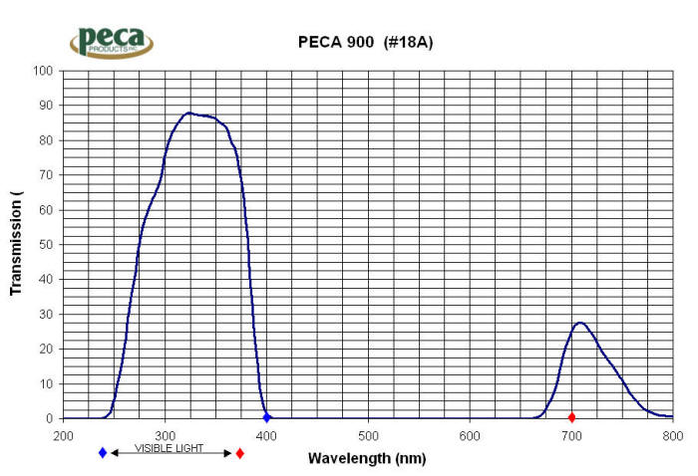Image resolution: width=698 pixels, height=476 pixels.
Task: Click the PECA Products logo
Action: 111,41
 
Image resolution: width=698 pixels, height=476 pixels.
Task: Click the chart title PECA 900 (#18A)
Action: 366,42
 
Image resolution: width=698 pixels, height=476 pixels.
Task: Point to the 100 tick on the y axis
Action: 42,71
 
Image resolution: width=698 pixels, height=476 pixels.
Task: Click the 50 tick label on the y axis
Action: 45,245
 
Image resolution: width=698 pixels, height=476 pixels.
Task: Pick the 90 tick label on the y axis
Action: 45,106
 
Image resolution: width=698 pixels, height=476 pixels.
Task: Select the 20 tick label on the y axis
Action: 45,350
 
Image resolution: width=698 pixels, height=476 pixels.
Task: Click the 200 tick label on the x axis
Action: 63,435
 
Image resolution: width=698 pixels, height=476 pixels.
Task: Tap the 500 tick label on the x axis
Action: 368,435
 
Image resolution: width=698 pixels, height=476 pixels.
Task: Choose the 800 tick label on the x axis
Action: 673,435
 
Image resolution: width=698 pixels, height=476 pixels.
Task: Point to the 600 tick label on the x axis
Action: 470,435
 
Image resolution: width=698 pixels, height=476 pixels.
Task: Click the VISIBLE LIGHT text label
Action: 169,449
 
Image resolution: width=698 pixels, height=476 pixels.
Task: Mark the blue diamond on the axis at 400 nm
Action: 266,417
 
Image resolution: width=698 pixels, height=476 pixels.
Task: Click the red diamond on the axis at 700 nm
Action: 571,417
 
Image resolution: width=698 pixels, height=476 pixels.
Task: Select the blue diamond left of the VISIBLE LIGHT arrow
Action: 103,453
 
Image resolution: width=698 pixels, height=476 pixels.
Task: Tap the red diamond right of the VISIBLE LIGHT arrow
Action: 239,453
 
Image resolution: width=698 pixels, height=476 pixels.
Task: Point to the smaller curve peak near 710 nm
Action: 579,323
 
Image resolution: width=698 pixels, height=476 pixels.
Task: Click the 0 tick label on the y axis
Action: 48,419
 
